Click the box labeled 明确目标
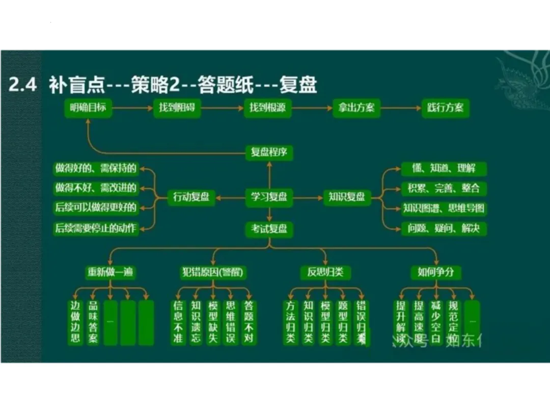point(89,108)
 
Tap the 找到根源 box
point(268,108)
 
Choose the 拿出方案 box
point(356,108)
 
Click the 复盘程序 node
point(269,152)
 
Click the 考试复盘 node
point(269,228)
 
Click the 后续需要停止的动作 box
point(96,228)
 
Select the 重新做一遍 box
point(109,272)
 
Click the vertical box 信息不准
point(178,322)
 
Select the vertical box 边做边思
point(75,322)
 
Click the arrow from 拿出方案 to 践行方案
point(400,108)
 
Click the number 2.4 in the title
point(23,84)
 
